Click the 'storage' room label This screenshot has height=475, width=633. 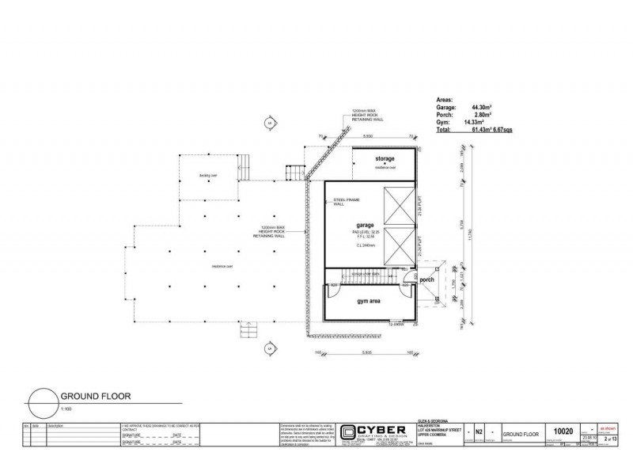coord(385,159)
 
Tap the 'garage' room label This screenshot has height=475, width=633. coord(365,224)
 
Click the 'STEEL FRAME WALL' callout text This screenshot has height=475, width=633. coord(344,203)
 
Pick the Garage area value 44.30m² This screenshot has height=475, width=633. coord(482,106)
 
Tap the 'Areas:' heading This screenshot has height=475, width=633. coord(445,99)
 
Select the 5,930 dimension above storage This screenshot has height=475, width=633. coord(368,136)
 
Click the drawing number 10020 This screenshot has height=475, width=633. coord(563,431)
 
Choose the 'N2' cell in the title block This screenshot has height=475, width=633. coord(478,432)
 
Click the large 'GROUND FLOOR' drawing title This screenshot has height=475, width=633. coord(95,397)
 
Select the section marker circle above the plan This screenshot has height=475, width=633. coord(269,123)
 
